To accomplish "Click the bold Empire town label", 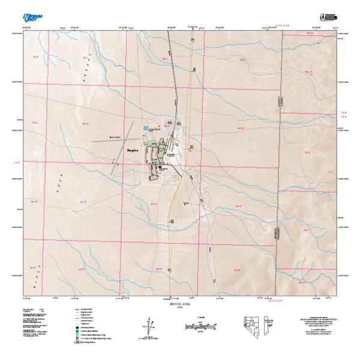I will (132, 151).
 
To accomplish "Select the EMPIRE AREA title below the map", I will (180, 304).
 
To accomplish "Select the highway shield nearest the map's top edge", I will (193, 38).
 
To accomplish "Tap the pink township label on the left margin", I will (16, 161).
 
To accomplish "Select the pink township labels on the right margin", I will (344, 114).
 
